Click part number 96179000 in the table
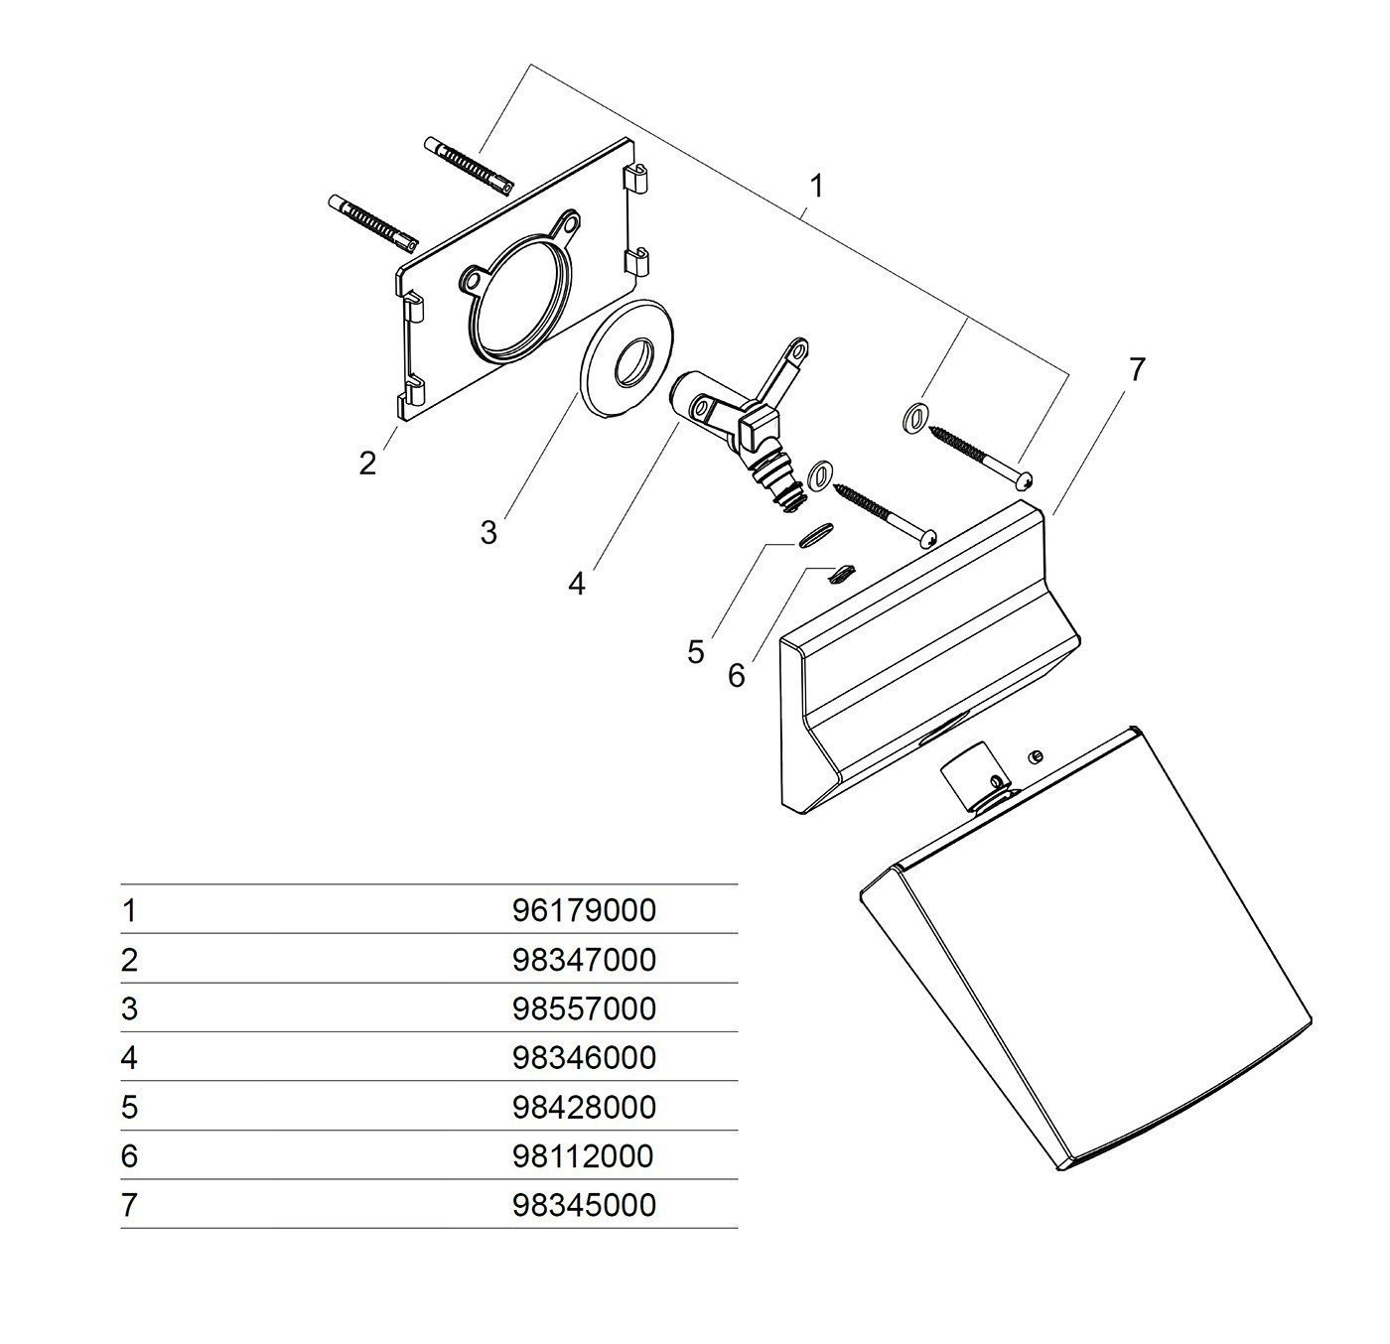pyautogui.click(x=584, y=910)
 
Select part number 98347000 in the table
pyautogui.click(x=584, y=960)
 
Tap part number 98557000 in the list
pyautogui.click(x=584, y=1008)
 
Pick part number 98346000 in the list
pyautogui.click(x=584, y=1057)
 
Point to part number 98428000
pyautogui.click(x=584, y=1107)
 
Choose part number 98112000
pyautogui.click(x=584, y=1155)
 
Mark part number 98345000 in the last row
pyautogui.click(x=584, y=1205)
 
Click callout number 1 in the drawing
pyautogui.click(x=816, y=187)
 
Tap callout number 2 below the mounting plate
pyautogui.click(x=368, y=463)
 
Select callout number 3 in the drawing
pyautogui.click(x=487, y=533)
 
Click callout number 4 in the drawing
pyautogui.click(x=577, y=584)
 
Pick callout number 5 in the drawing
pyautogui.click(x=695, y=652)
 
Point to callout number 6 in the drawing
pyautogui.click(x=736, y=676)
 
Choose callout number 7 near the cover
pyautogui.click(x=1137, y=369)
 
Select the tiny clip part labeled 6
pyautogui.click(x=842, y=571)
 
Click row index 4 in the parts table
pyautogui.click(x=128, y=1057)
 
